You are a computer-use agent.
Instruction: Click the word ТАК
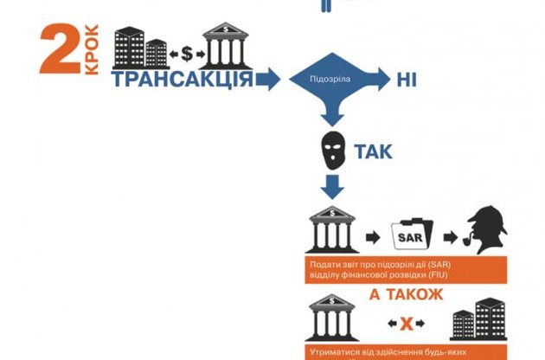point(373,152)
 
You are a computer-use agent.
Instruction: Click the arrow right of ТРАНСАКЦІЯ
point(269,80)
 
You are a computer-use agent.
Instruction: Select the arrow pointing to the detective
point(447,234)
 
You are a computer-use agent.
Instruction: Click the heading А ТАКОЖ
point(405,294)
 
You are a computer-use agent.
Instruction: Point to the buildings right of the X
point(479,319)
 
